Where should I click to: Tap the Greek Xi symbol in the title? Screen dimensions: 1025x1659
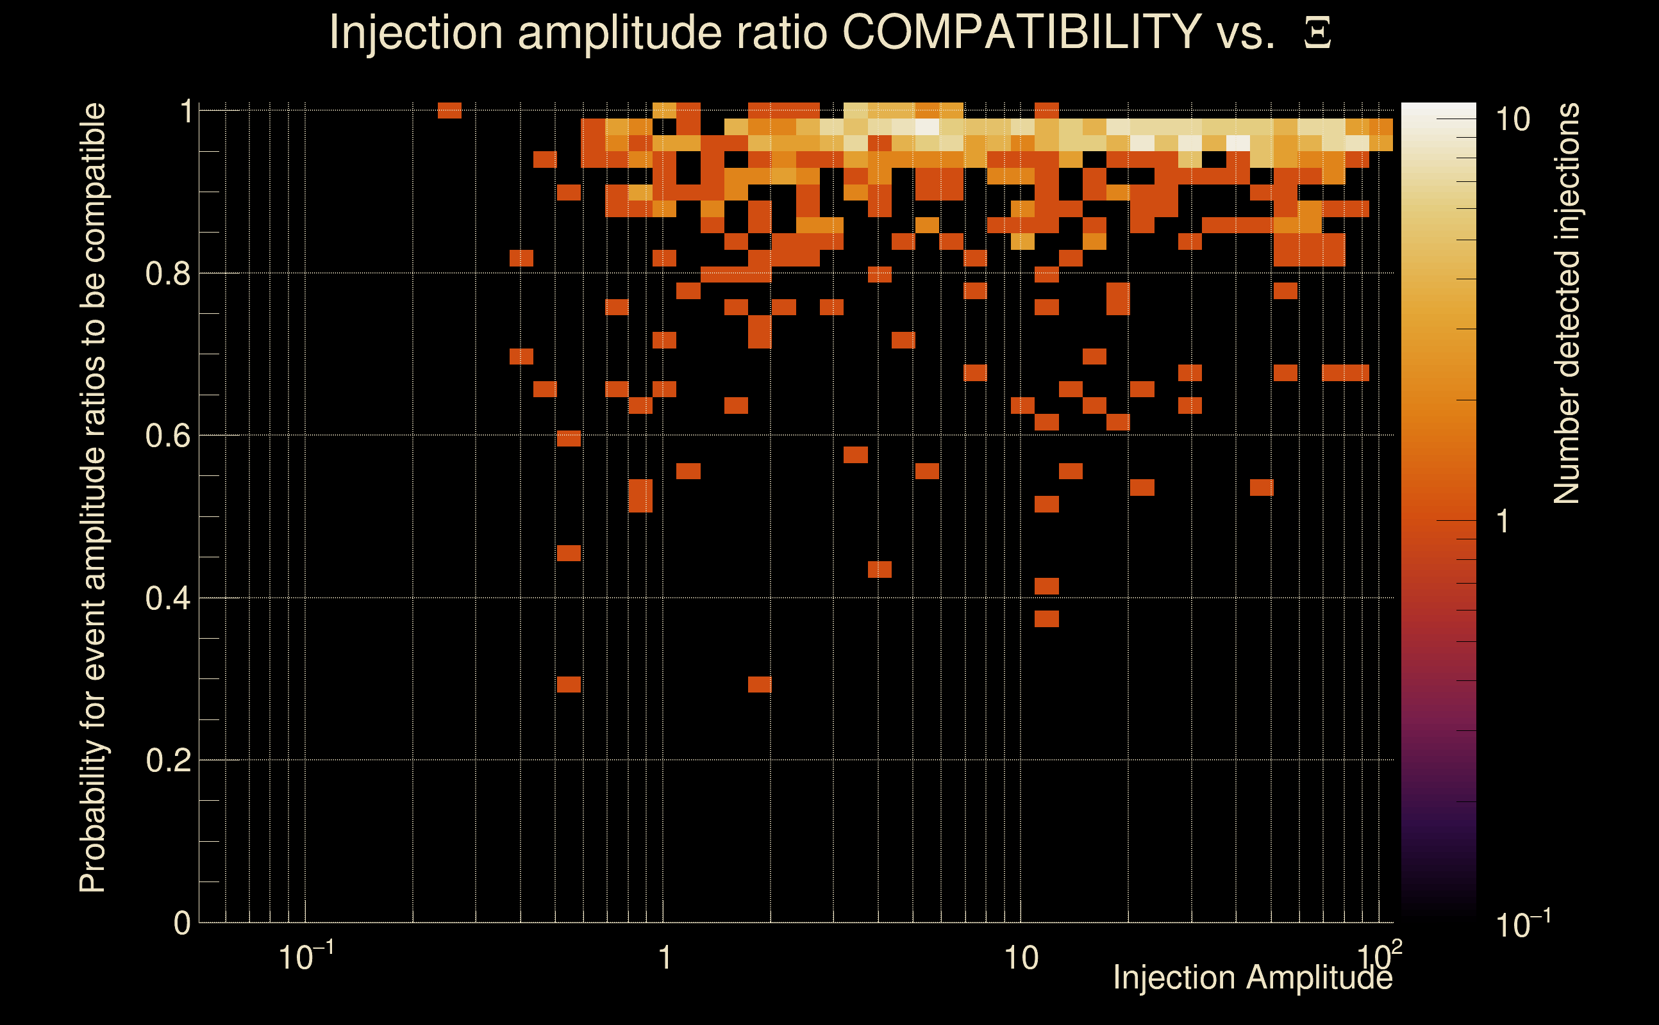(x=1317, y=33)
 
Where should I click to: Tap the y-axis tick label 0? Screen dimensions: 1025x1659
(x=182, y=923)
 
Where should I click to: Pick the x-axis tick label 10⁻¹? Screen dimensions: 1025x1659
(x=305, y=957)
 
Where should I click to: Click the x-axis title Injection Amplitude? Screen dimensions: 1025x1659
(x=1253, y=978)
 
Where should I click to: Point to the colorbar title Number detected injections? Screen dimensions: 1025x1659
(x=1566, y=303)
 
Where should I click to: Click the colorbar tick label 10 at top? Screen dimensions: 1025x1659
(x=1512, y=120)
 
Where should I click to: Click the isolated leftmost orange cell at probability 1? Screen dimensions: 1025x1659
(x=449, y=110)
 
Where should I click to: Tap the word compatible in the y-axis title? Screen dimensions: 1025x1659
(x=93, y=183)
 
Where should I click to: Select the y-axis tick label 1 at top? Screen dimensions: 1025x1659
(x=186, y=111)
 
